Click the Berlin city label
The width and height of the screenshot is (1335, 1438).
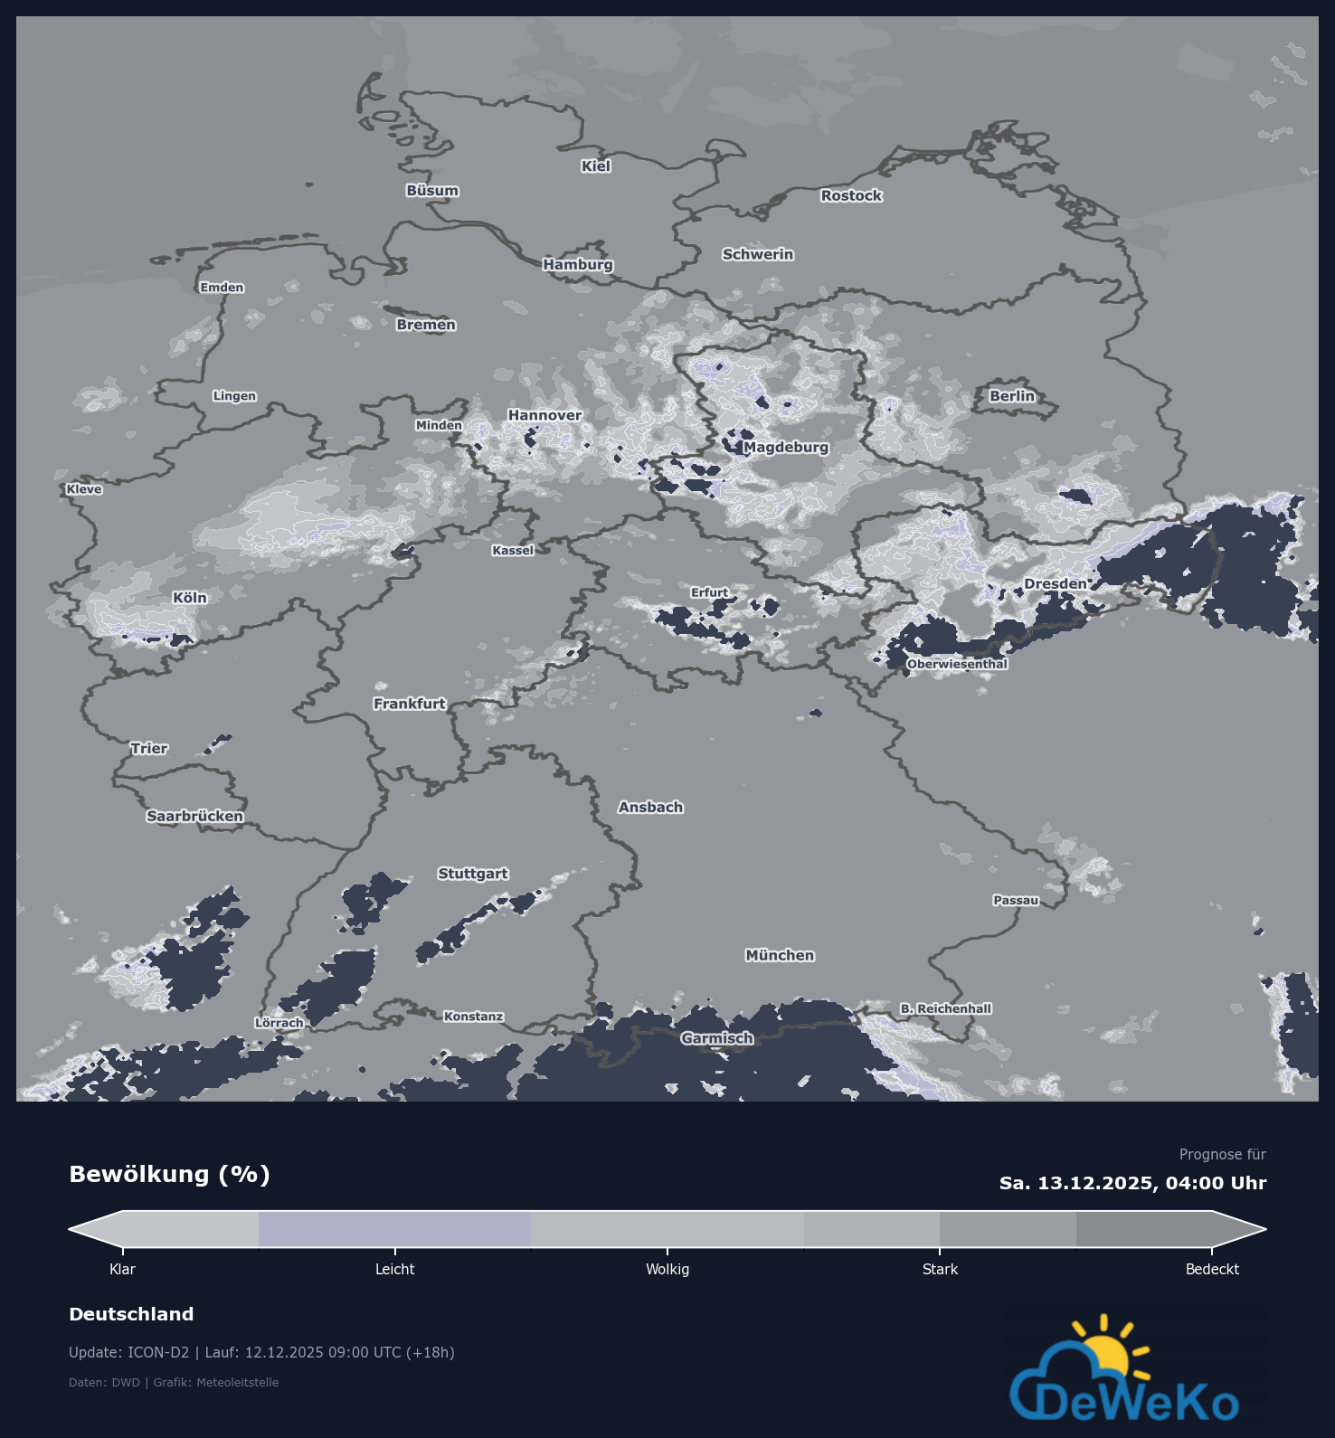tap(1011, 396)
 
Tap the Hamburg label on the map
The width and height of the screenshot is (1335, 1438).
tap(578, 264)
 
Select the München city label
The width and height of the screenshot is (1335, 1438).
tap(780, 955)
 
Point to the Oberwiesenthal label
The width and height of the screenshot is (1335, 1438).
tap(957, 664)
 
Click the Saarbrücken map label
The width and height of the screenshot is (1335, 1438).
tap(194, 816)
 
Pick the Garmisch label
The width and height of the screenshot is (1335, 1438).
tap(717, 1038)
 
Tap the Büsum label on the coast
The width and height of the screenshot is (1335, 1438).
tap(432, 191)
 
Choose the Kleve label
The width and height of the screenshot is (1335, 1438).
tap(84, 489)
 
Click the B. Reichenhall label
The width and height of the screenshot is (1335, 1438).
tap(946, 1008)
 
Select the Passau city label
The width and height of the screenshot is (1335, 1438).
tap(1016, 900)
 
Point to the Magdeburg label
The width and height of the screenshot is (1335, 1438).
tap(786, 447)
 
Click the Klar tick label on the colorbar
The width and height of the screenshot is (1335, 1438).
tap(122, 1270)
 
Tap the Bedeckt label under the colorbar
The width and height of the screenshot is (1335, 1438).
tap(1212, 1270)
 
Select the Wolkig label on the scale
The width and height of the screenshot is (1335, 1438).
tap(667, 1270)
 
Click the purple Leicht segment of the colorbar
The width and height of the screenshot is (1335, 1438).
tap(394, 1229)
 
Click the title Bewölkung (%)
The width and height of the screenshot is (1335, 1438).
tap(170, 1175)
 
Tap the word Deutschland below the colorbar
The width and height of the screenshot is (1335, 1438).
tap(131, 1314)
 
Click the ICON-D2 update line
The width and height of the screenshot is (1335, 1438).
tap(261, 1353)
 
